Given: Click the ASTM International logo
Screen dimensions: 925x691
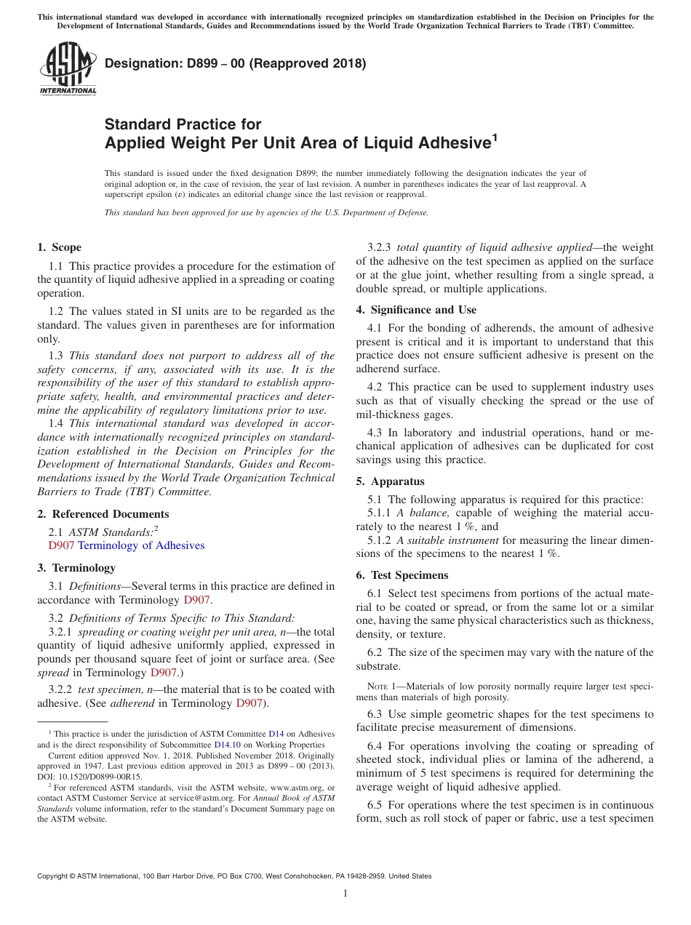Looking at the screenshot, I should tap(68, 68).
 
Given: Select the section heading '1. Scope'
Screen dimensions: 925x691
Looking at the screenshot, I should tap(60, 247).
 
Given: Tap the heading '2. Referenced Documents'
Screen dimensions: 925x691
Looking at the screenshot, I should tap(92, 514).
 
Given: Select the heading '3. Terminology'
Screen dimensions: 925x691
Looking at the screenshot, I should tap(76, 567).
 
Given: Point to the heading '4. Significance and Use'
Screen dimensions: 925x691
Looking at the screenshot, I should tap(416, 310).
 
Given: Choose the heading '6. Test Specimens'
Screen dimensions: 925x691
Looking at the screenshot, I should tap(402, 575).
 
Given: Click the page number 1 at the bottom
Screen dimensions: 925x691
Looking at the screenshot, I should tap(345, 893).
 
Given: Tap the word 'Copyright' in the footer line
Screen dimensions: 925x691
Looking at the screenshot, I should tap(55, 876).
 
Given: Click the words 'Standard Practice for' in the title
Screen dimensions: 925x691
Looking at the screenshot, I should tap(183, 124).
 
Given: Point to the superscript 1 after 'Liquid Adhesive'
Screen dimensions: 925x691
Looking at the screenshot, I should tap(495, 136).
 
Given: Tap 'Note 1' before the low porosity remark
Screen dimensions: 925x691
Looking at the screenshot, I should tap(381, 686).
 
